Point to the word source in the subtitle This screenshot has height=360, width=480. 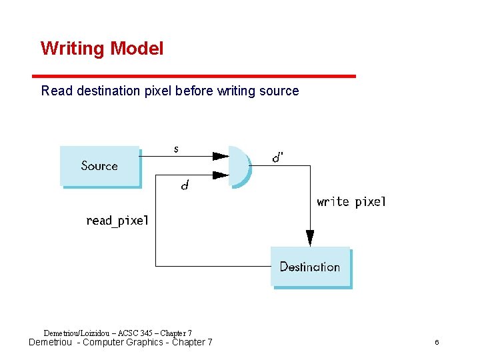click(279, 91)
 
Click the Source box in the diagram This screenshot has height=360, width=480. click(100, 165)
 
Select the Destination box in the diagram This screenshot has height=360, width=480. click(310, 267)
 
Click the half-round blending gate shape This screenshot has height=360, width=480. click(239, 165)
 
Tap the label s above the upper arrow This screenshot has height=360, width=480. click(176, 149)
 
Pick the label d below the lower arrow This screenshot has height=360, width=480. click(185, 186)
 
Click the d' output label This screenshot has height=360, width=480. click(277, 158)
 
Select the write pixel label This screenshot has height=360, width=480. click(351, 201)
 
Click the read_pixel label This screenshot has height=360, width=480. click(117, 221)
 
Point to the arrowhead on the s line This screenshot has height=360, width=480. click(220, 156)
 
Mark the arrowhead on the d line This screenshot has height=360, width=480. click(220, 175)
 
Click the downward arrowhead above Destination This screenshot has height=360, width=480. click(310, 238)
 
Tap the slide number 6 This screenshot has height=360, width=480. click(437, 343)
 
